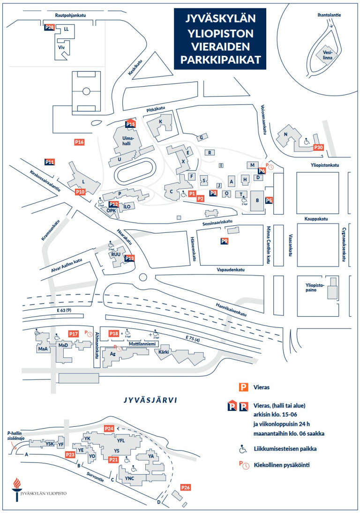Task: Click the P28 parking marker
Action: (x=49, y=28)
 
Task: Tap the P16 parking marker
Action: (x=79, y=141)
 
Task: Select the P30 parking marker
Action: (x=319, y=148)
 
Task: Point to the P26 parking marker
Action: (x=186, y=488)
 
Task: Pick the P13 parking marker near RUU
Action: (x=130, y=258)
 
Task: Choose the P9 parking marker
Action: (x=225, y=241)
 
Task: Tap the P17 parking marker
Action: (x=73, y=334)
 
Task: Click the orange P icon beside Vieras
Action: (x=244, y=387)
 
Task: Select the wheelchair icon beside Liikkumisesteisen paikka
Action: (x=243, y=449)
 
